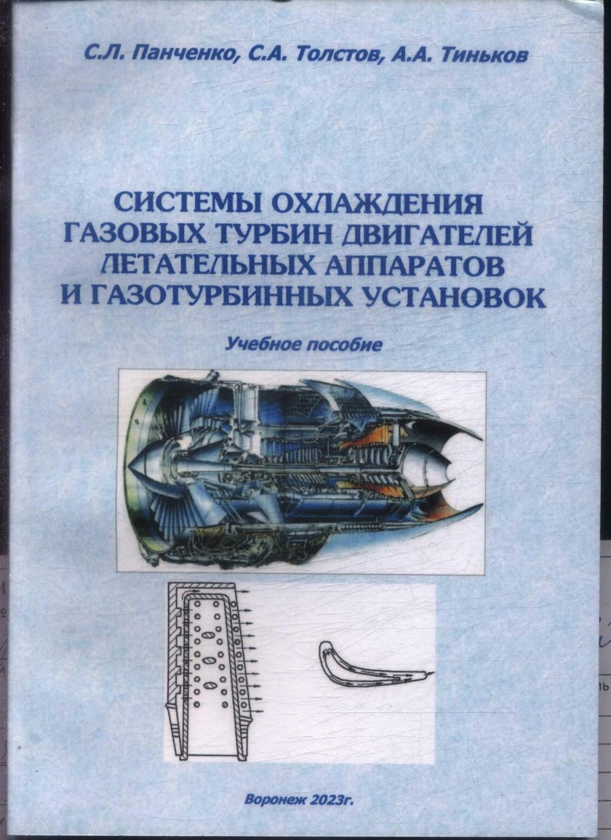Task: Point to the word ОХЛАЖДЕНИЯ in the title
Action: point(377,204)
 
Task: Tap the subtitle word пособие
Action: point(343,344)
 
